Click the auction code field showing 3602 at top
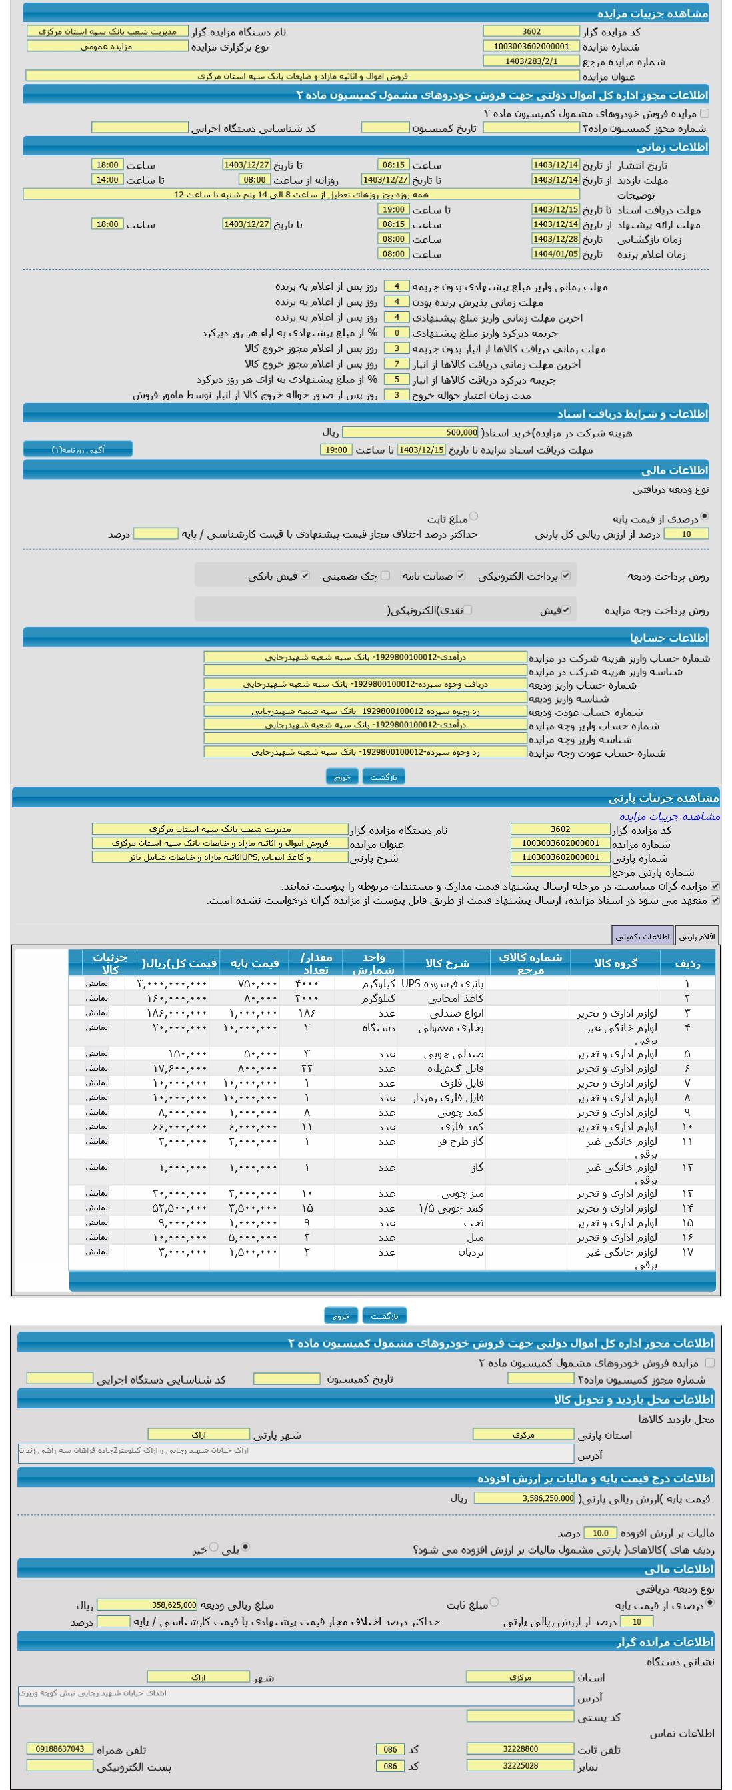point(531,31)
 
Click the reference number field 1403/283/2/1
point(531,61)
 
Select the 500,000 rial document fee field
point(411,433)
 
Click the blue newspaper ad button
point(78,450)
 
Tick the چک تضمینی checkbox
point(385,576)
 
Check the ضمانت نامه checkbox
point(461,576)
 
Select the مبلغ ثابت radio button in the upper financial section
point(473,516)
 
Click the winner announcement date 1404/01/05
point(555,254)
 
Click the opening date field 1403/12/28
point(555,239)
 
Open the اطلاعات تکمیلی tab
point(642,937)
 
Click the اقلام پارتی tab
point(697,937)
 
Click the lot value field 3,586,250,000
point(524,1498)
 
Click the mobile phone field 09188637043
point(60,1748)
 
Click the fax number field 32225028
point(520,1765)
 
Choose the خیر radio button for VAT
point(213,1547)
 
